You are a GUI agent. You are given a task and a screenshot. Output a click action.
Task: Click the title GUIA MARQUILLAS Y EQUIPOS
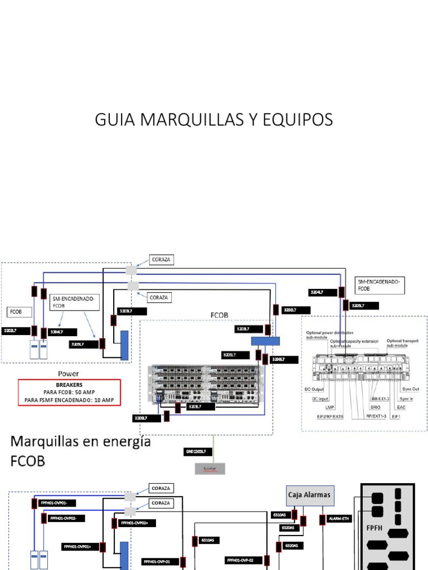[x=214, y=119]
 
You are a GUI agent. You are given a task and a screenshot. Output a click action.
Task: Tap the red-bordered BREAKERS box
[x=69, y=392]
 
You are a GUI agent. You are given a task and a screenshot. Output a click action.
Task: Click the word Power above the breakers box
[x=69, y=374]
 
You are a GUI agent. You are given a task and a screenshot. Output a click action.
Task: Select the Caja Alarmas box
[x=309, y=494]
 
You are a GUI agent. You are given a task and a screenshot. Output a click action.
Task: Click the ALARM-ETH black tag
[x=339, y=519]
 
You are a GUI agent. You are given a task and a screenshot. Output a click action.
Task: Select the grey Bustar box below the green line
[x=210, y=469]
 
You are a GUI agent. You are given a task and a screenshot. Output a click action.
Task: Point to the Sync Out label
[x=410, y=389]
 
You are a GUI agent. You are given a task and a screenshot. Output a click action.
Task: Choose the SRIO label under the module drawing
[x=376, y=407]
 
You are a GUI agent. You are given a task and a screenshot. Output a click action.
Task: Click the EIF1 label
[x=396, y=416]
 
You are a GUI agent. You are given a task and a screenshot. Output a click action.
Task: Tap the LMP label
[x=322, y=407]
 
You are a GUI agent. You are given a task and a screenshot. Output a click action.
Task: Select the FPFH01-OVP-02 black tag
[x=244, y=561]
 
